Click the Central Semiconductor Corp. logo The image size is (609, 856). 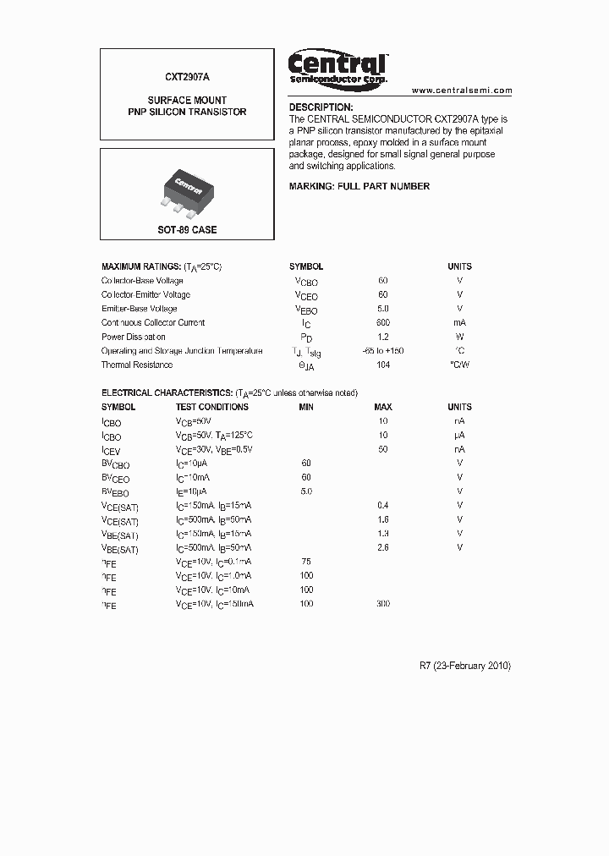pyautogui.click(x=338, y=68)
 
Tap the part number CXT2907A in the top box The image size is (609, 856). pyautogui.click(x=187, y=76)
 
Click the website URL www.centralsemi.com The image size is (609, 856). pyautogui.click(x=462, y=90)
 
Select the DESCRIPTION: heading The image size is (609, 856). pyautogui.click(x=321, y=107)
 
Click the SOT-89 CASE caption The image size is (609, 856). pyautogui.click(x=187, y=230)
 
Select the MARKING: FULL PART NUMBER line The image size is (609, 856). pyautogui.click(x=359, y=186)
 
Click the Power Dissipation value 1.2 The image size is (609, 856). pyautogui.click(x=383, y=337)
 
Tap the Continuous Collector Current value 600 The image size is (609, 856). pyautogui.click(x=383, y=322)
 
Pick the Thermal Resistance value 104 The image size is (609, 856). pyautogui.click(x=383, y=365)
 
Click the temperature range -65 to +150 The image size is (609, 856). pyautogui.click(x=383, y=351)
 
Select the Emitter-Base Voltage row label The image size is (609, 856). pyautogui.click(x=140, y=309)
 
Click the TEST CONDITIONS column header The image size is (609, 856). pyautogui.click(x=212, y=407)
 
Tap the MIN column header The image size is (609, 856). pyautogui.click(x=306, y=407)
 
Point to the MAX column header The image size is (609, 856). pyautogui.click(x=383, y=407)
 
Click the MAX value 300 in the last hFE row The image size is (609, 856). pyautogui.click(x=383, y=604)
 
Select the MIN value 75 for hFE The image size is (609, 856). pyautogui.click(x=306, y=561)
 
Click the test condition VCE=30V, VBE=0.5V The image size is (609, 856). pyautogui.click(x=214, y=449)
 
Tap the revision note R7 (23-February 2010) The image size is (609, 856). pyautogui.click(x=465, y=666)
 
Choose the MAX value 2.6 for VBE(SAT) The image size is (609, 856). pyautogui.click(x=383, y=547)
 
